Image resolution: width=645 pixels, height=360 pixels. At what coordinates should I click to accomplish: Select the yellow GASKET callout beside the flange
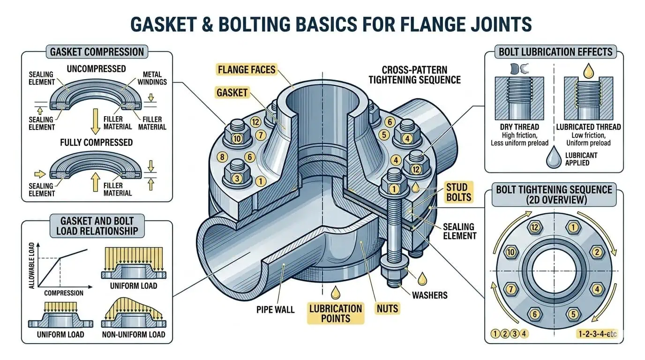pyautogui.click(x=232, y=92)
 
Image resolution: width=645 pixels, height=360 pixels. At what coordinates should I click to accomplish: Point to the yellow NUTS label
pyautogui.click(x=387, y=308)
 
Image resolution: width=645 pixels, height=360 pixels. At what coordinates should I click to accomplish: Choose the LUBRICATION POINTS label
pyautogui.click(x=336, y=314)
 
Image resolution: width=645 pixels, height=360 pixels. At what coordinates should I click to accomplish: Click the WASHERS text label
pyautogui.click(x=429, y=295)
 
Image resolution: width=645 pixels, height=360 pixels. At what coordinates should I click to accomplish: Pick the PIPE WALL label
pyautogui.click(x=276, y=309)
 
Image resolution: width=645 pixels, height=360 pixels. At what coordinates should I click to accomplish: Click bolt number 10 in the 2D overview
pyautogui.click(x=510, y=253)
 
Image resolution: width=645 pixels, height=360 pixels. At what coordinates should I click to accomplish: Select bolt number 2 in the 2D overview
pyautogui.click(x=597, y=253)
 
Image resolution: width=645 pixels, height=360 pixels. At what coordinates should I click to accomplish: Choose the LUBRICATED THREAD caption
pyautogui.click(x=588, y=127)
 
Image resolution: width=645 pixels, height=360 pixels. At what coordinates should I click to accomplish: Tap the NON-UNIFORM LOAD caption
pyautogui.click(x=133, y=334)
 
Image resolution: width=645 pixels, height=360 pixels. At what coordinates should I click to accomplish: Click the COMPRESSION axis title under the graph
pyautogui.click(x=63, y=293)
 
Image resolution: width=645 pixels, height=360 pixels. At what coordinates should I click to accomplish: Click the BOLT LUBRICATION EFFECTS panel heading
pyautogui.click(x=555, y=52)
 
